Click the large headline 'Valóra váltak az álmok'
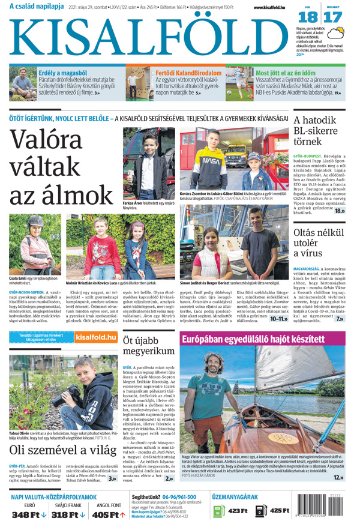point(57,167)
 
